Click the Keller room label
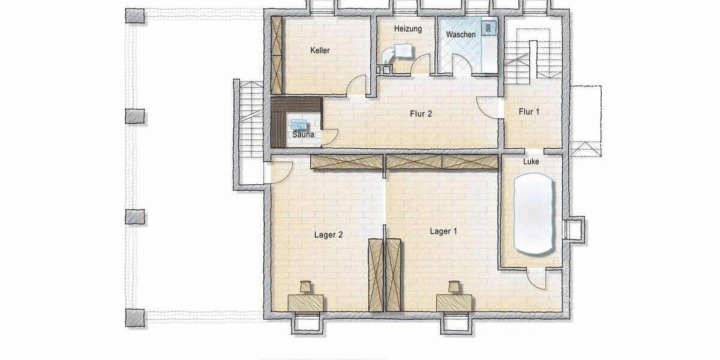click(320, 51)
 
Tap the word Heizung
click(407, 29)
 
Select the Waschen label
click(461, 35)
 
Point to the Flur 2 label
click(421, 113)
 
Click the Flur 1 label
click(529, 112)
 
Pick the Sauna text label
click(303, 135)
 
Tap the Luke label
click(531, 161)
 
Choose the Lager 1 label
click(443, 231)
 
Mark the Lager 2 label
click(328, 235)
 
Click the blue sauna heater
click(299, 124)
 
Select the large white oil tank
click(533, 214)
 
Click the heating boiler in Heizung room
click(399, 52)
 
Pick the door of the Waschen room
click(462, 65)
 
